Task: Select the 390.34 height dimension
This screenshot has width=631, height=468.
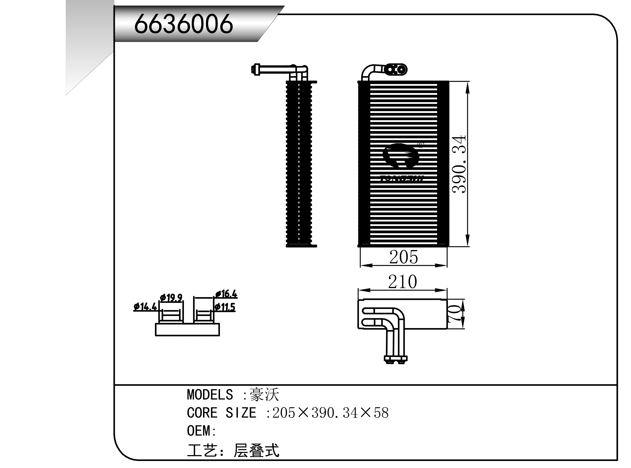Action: (458, 164)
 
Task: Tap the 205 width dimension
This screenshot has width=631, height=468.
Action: (403, 257)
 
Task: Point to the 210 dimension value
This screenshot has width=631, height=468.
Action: (402, 282)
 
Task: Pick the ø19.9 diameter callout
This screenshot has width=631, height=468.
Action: (171, 298)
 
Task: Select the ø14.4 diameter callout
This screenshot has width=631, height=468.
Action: (145, 307)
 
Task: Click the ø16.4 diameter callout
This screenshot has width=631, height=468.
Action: (226, 294)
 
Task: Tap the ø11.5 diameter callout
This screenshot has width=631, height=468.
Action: (225, 307)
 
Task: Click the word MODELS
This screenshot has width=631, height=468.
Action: (210, 395)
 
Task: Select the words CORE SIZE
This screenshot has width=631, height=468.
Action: (221, 413)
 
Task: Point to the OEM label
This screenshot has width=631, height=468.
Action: (199, 431)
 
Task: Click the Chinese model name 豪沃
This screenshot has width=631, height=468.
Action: (264, 395)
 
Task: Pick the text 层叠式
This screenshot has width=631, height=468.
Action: (256, 451)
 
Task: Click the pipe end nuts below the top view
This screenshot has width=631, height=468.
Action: (395, 360)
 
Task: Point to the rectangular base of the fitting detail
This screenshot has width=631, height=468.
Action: (187, 330)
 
